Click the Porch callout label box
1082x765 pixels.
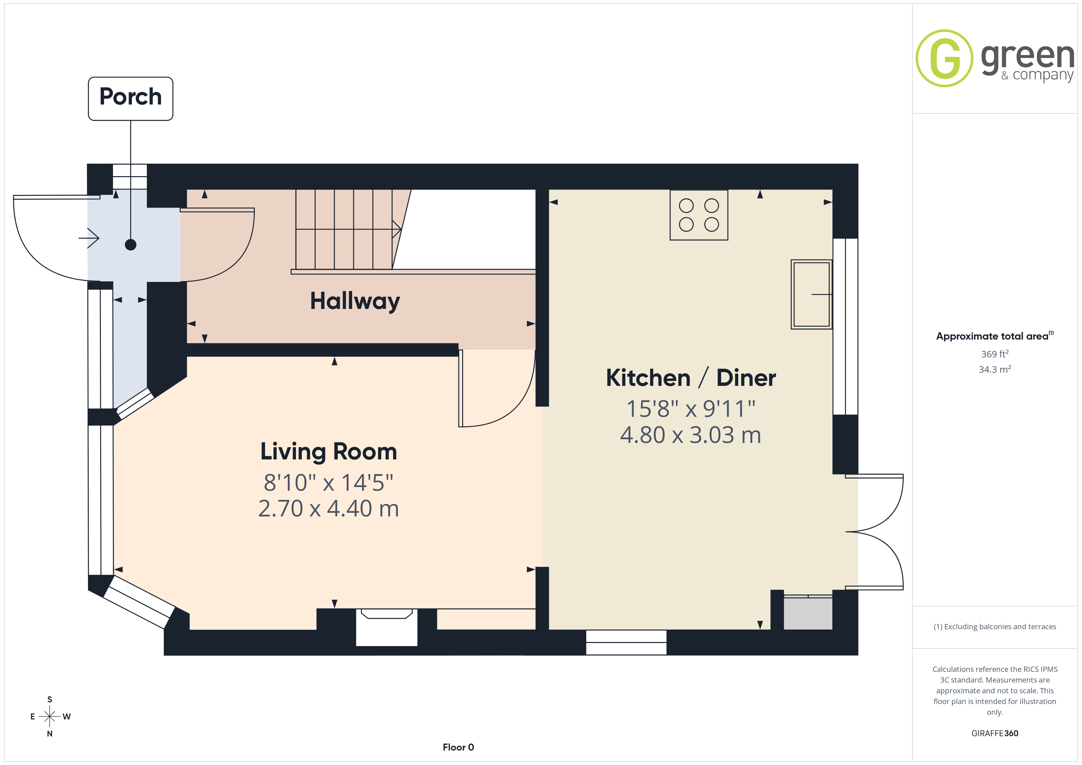pyautogui.click(x=131, y=98)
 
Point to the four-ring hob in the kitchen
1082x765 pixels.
pyautogui.click(x=699, y=215)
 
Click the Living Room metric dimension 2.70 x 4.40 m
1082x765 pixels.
pyautogui.click(x=328, y=509)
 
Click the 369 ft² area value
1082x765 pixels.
pyautogui.click(x=995, y=354)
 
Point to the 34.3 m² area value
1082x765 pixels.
pyautogui.click(x=995, y=369)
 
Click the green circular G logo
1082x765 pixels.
pyautogui.click(x=944, y=59)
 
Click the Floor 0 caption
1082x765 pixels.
pyautogui.click(x=458, y=747)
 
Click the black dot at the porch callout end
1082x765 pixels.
pyautogui.click(x=131, y=245)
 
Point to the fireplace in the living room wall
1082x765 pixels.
pyautogui.click(x=386, y=627)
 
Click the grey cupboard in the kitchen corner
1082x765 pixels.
pyautogui.click(x=808, y=613)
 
